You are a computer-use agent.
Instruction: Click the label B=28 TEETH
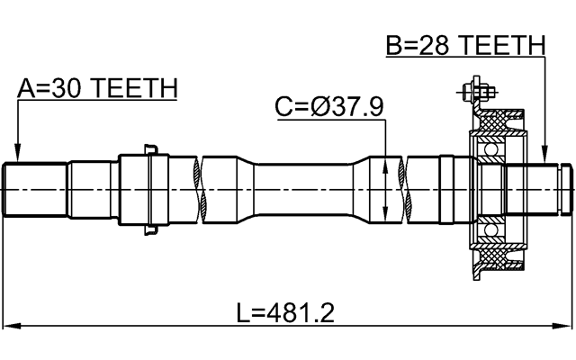[465, 44]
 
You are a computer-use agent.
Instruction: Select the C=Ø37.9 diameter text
[329, 107]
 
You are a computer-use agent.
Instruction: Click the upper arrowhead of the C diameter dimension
[386, 163]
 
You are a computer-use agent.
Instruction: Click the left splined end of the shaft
[36, 190]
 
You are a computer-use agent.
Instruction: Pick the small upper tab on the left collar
[150, 149]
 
